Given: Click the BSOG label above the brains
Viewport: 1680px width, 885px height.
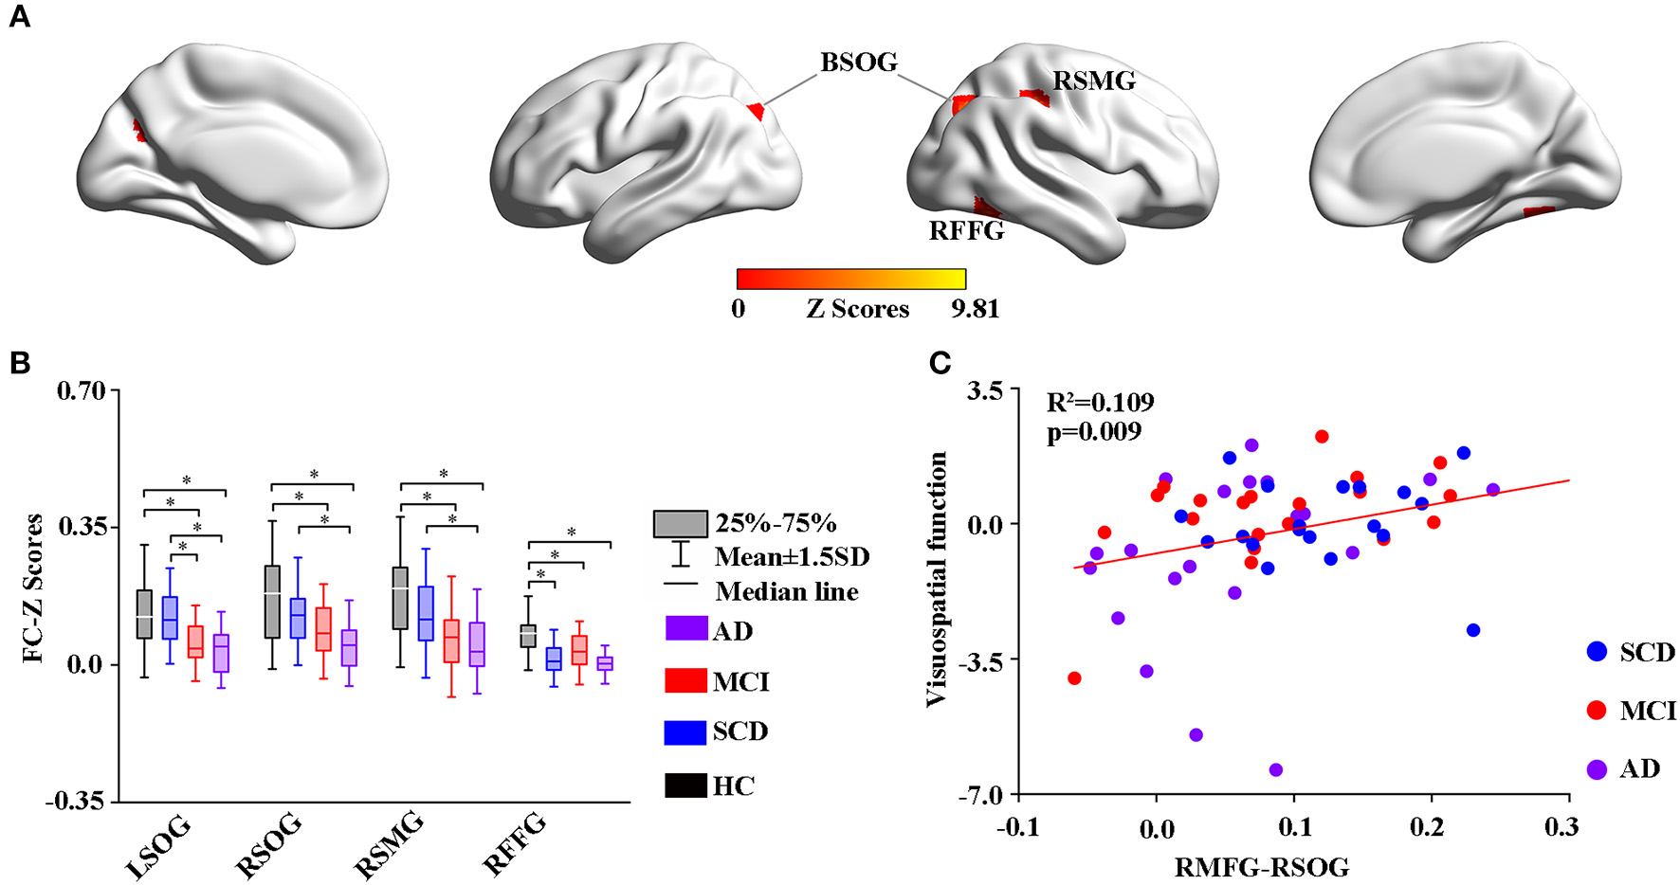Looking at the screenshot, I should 858,63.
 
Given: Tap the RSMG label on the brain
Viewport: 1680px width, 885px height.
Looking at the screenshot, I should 1094,81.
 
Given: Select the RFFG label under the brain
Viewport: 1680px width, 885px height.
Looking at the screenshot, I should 966,230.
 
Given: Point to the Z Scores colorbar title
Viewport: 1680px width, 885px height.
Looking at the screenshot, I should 857,310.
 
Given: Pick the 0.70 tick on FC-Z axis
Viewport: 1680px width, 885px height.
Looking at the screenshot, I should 82,390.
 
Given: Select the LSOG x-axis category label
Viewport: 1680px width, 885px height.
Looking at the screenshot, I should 157,846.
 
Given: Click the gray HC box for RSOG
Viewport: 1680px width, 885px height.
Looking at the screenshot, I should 272,602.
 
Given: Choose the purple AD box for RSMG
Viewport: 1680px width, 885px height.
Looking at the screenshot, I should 477,644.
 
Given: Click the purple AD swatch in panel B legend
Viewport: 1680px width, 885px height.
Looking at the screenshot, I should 685,629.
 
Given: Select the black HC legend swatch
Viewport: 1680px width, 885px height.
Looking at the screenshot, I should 685,786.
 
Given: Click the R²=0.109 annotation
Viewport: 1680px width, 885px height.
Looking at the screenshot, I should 1100,403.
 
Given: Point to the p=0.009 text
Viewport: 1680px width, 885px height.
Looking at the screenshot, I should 1094,432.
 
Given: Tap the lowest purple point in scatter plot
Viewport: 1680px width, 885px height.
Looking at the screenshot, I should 1275,769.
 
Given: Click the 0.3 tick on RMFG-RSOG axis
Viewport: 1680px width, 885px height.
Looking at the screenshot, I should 1561,827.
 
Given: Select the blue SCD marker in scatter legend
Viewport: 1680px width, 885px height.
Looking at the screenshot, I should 1597,652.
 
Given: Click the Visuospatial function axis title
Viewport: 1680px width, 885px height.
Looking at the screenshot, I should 937,579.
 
